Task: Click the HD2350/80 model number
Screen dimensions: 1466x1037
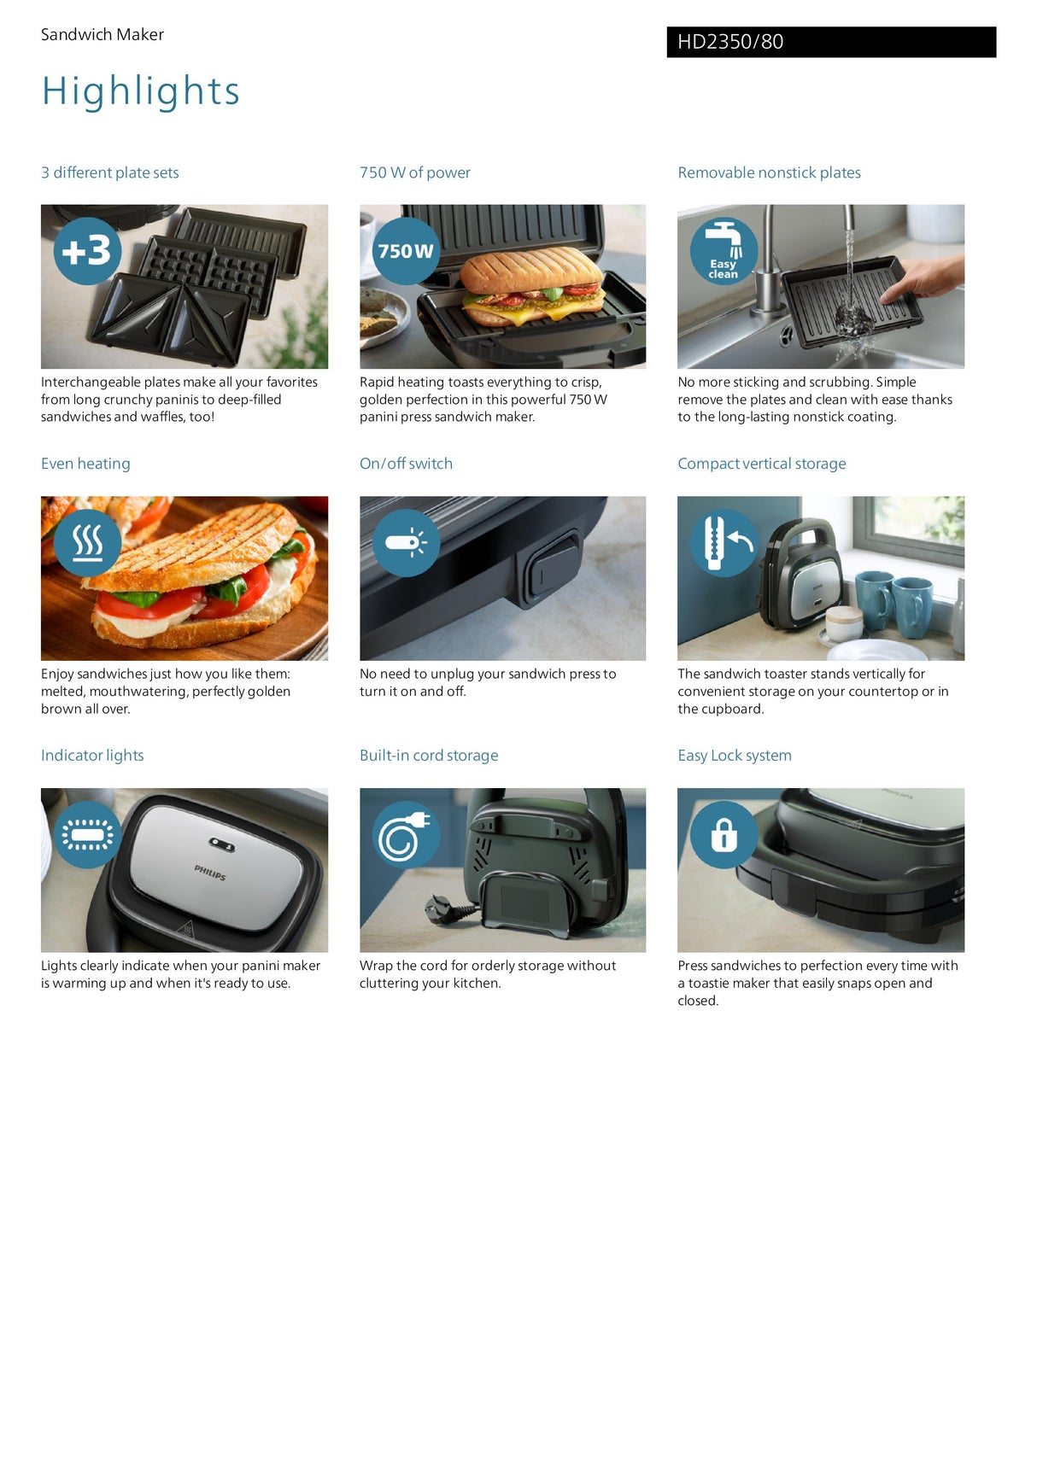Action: (x=730, y=42)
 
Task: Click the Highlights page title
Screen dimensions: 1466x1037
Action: (x=141, y=91)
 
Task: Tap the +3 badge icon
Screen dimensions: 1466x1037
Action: (x=87, y=251)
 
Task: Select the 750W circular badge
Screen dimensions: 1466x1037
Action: (x=406, y=251)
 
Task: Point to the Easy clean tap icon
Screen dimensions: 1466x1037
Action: (x=724, y=251)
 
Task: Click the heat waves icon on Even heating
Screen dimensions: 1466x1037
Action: (x=87, y=543)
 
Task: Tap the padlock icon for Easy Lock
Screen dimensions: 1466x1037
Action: (x=724, y=835)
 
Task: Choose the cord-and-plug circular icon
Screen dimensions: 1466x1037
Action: (x=406, y=835)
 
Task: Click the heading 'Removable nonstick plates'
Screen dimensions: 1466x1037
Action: (x=769, y=172)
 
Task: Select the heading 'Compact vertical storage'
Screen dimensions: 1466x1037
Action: (x=761, y=464)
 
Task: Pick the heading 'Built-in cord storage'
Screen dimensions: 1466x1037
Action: (x=429, y=756)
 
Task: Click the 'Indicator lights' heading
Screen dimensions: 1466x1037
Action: (x=92, y=756)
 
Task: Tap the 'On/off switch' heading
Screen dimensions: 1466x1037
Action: (x=406, y=464)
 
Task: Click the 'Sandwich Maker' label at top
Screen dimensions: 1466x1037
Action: (x=103, y=35)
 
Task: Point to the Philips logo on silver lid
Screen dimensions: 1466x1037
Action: (x=210, y=873)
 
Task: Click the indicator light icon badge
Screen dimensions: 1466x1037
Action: (x=87, y=835)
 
